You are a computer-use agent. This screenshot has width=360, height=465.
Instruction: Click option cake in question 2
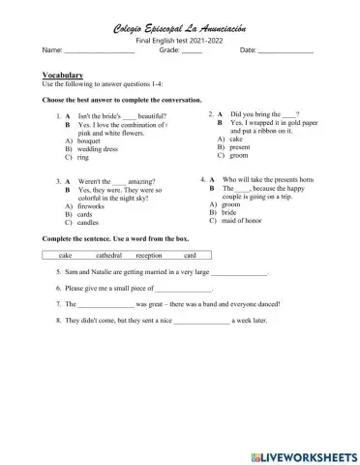[x=236, y=139]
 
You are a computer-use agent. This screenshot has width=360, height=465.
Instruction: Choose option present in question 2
[x=241, y=147]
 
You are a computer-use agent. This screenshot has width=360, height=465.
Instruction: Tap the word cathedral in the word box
[x=108, y=256]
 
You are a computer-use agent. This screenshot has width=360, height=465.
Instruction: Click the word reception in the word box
[x=149, y=256]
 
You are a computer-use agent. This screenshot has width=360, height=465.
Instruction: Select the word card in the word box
[x=190, y=256]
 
